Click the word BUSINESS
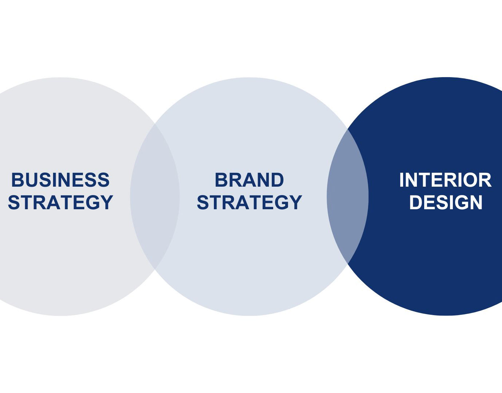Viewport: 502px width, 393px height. coord(60,180)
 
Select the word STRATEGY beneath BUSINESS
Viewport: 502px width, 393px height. coord(60,202)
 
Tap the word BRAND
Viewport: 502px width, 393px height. coord(249,180)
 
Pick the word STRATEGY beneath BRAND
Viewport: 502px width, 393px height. coord(249,202)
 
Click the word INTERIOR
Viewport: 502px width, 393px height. coord(445,180)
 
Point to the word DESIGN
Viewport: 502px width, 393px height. coord(446,202)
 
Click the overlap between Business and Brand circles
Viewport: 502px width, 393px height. coord(155,196)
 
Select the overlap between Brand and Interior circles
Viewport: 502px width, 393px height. coord(348,196)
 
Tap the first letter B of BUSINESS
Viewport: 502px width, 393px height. coord(17,180)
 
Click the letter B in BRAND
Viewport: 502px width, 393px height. coord(220,180)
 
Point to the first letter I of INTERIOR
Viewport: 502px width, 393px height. coord(402,180)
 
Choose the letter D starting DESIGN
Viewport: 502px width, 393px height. coord(415,202)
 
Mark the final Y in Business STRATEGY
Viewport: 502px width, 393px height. coord(106,202)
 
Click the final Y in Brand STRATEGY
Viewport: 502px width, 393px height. coord(295,202)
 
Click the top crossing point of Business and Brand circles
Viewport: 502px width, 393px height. coord(155,124)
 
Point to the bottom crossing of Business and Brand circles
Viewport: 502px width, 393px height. coord(155,269)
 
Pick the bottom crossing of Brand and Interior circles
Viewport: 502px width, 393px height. coord(348,263)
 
